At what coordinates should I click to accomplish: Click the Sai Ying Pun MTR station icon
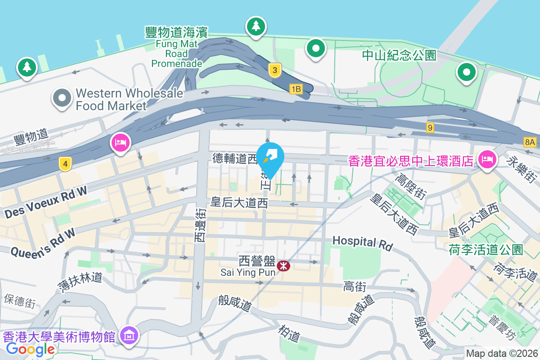[x=283, y=265]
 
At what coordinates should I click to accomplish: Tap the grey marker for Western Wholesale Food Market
[x=62, y=99]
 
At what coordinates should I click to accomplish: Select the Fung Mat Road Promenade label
[x=176, y=47]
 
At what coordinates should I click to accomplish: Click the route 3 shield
[x=274, y=70]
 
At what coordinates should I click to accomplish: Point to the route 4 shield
[x=65, y=165]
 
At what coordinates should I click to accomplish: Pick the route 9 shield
[x=430, y=128]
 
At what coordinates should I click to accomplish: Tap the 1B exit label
[x=295, y=89]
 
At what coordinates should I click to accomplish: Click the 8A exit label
[x=530, y=142]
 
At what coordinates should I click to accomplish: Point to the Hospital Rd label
[x=363, y=243]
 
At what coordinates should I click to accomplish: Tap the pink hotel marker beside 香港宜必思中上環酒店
[x=487, y=159]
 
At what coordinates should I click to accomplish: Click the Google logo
[x=30, y=349]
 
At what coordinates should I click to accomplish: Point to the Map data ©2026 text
[x=501, y=354]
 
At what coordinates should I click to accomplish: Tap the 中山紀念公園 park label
[x=400, y=55]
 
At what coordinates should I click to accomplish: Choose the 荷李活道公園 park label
[x=486, y=249]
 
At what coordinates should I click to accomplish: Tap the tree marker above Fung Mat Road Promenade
[x=256, y=26]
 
